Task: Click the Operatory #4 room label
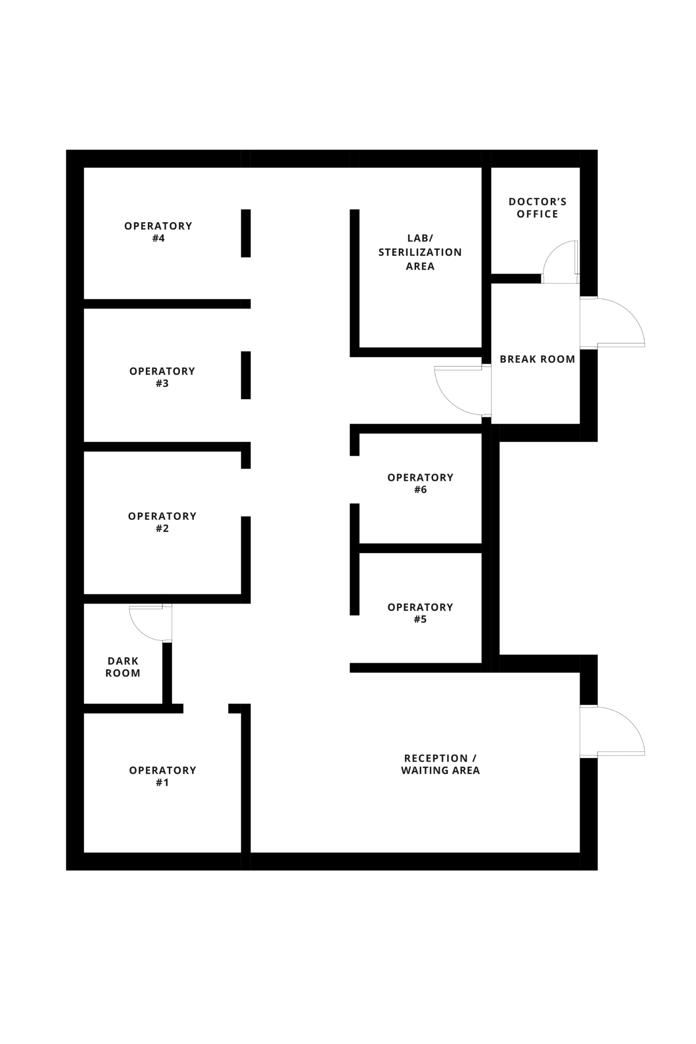158,232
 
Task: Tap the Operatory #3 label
162,377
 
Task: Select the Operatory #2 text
162,522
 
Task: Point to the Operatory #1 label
162,776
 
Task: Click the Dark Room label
123,667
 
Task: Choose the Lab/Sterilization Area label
420,252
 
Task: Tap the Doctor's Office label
537,207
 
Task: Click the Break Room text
537,359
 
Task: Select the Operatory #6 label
420,483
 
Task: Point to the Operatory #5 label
420,613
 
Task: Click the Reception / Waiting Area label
441,764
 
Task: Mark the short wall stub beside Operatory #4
246,233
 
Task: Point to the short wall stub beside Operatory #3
246,375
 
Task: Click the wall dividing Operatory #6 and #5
420,548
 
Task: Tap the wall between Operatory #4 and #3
163,304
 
